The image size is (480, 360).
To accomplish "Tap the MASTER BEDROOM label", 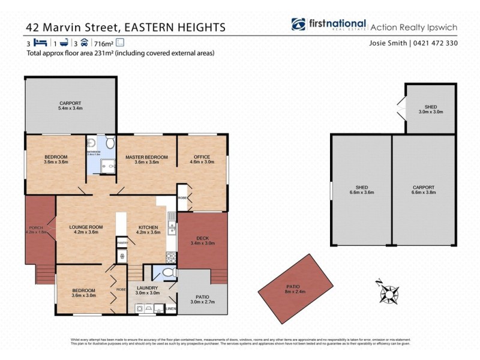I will [x=146, y=157].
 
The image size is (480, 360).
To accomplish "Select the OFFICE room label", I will [x=202, y=157].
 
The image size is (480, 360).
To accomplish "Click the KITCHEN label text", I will [x=148, y=227].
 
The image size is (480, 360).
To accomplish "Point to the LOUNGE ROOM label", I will [x=86, y=227].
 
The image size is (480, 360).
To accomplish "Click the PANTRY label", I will [x=123, y=242].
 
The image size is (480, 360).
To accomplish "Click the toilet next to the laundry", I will [x=169, y=273].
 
